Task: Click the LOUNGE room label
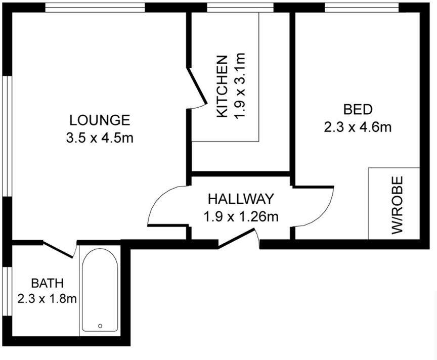tap(100, 120)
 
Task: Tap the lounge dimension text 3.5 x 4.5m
tap(100, 138)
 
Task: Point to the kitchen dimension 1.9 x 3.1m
tap(239, 86)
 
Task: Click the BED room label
tap(358, 109)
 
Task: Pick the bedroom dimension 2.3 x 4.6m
tap(358, 127)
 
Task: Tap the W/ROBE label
tap(398, 205)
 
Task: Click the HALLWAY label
tap(241, 198)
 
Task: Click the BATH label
tap(48, 282)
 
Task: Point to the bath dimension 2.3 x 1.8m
tap(47, 299)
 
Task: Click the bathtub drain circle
tap(100, 326)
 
